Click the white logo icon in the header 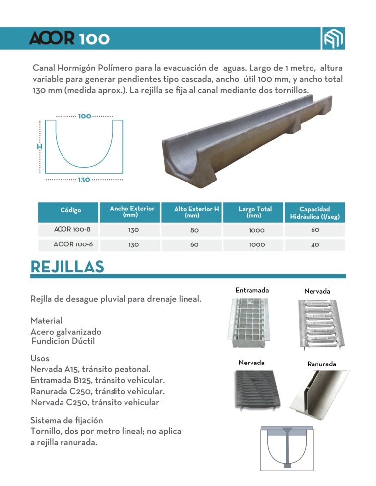click(x=334, y=38)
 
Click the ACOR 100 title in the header click(x=69, y=39)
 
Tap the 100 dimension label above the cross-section click(x=84, y=116)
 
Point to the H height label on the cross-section click(x=39, y=147)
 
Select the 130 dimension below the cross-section click(x=84, y=180)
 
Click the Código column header click(x=70, y=210)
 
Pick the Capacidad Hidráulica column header click(x=314, y=213)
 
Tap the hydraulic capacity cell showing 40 click(x=315, y=244)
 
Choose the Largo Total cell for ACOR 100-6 click(x=256, y=244)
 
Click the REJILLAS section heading click(x=67, y=266)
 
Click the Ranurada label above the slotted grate click(x=321, y=364)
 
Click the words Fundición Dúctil click(x=63, y=341)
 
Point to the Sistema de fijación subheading click(x=66, y=420)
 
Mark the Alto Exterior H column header click(x=196, y=212)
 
